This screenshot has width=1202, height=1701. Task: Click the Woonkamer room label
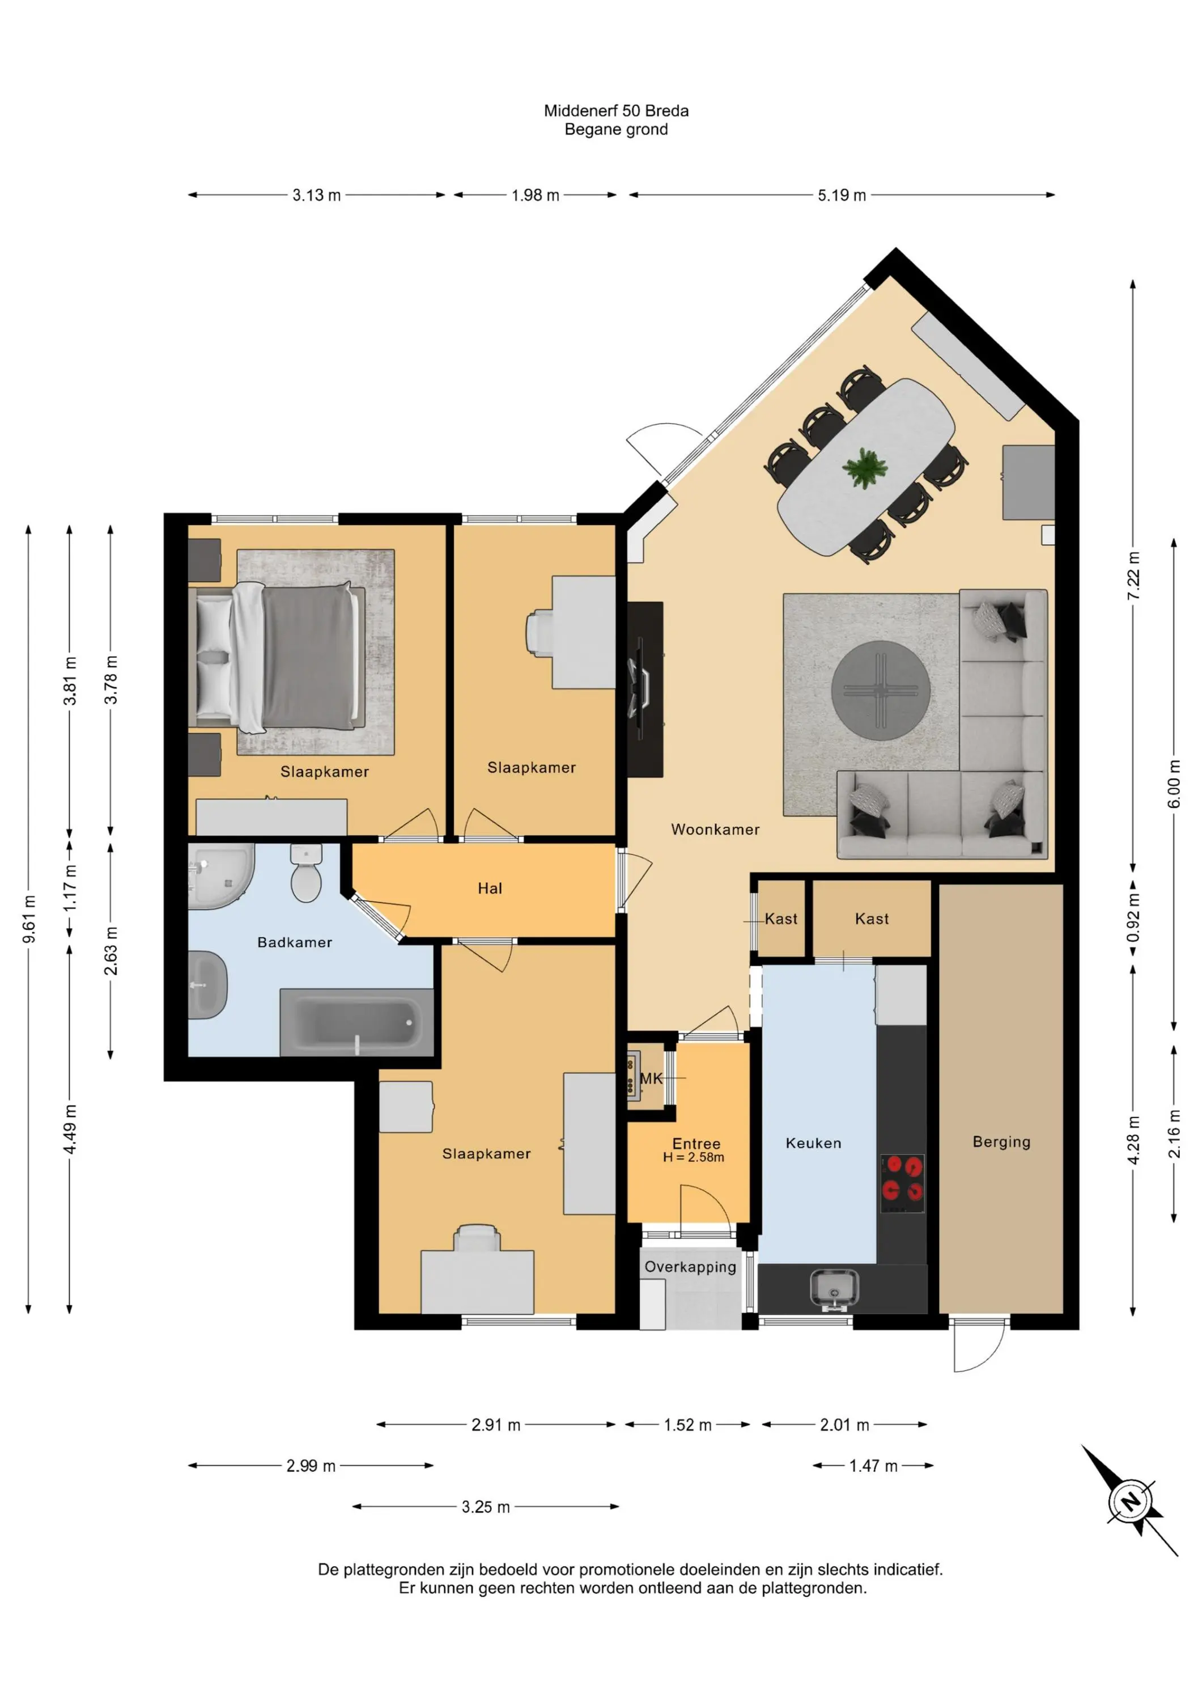click(x=715, y=830)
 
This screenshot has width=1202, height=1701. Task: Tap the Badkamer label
click(x=295, y=942)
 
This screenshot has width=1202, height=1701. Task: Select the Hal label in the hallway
click(x=490, y=888)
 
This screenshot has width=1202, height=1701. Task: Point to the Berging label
click(x=1001, y=1142)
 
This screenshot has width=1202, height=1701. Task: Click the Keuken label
click(x=813, y=1143)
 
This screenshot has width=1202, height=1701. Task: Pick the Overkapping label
click(x=690, y=1267)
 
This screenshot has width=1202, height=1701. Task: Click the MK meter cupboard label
click(x=651, y=1078)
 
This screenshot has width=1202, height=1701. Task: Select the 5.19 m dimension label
click(x=842, y=196)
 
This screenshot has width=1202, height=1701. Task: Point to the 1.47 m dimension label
click(x=873, y=1466)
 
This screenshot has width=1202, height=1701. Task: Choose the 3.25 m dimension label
click(x=486, y=1507)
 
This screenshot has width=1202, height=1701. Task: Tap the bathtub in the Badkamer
click(x=356, y=1022)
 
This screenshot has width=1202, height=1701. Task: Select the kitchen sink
click(x=835, y=1287)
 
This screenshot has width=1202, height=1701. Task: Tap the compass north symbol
click(x=1130, y=1502)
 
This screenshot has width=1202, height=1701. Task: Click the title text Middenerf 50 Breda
click(x=616, y=111)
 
